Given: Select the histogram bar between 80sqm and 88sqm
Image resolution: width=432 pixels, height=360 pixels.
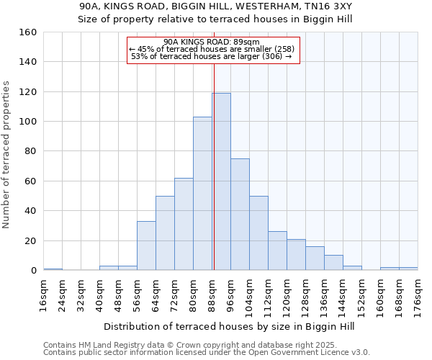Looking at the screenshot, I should (x=202, y=194).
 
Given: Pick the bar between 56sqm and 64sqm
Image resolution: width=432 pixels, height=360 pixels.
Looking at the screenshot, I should (x=146, y=246).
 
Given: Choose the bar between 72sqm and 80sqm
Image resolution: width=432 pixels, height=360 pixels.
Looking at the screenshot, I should (x=184, y=224).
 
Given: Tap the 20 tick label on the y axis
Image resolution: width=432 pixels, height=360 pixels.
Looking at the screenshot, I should (x=30, y=240).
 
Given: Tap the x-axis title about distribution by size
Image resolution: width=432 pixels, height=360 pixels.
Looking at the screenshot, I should (x=229, y=326).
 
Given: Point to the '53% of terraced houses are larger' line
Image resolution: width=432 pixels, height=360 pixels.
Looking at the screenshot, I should (x=211, y=56).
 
